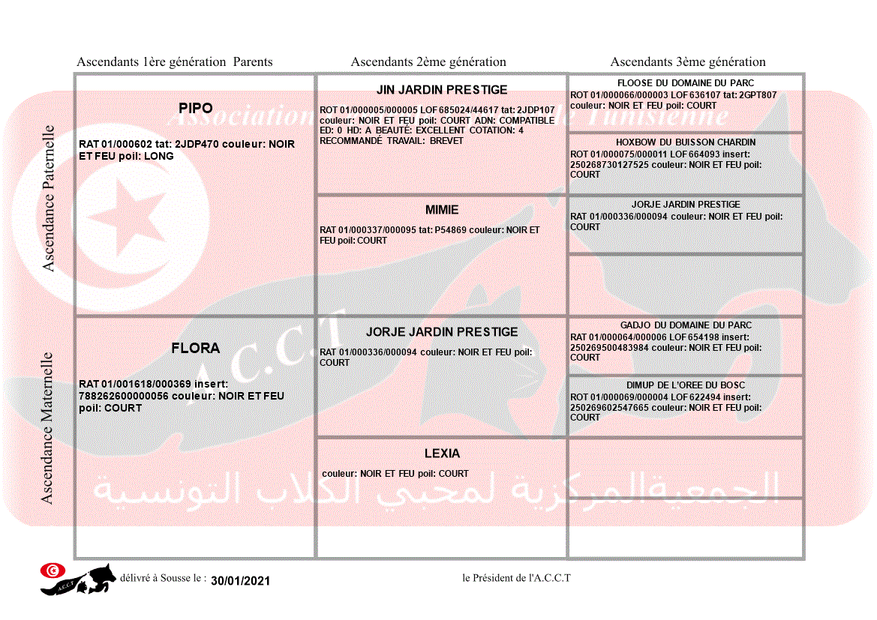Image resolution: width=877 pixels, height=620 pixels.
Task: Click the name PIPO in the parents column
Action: pos(196,109)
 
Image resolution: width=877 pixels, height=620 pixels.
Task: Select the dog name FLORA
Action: pos(196,349)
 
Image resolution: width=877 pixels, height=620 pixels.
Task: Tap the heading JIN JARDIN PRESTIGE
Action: pos(442,90)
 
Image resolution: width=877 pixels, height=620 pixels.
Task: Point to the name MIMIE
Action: pos(442,210)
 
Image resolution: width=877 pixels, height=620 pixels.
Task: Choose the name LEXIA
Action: pos(442,454)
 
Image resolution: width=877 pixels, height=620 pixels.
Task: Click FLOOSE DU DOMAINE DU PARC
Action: pos(686,83)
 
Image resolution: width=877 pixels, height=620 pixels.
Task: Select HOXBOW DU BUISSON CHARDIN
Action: pos(686,142)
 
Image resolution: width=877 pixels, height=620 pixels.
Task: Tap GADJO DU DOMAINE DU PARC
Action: pos(686,325)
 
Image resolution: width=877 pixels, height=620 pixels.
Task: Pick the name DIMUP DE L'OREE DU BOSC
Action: pos(686,385)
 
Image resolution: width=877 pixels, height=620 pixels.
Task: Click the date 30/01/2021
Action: pos(240,581)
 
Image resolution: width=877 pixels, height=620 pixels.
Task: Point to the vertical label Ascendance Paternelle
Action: pos(49,198)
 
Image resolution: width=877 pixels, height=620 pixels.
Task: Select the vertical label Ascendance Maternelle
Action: pos(47,428)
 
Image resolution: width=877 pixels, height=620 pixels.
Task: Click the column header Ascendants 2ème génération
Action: pos(428,62)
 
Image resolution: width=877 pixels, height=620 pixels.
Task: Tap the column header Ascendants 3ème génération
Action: pos(688,62)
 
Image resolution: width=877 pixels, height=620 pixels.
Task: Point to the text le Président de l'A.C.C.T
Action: pos(516,578)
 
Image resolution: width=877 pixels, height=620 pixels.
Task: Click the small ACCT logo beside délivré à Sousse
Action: pos(78,579)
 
